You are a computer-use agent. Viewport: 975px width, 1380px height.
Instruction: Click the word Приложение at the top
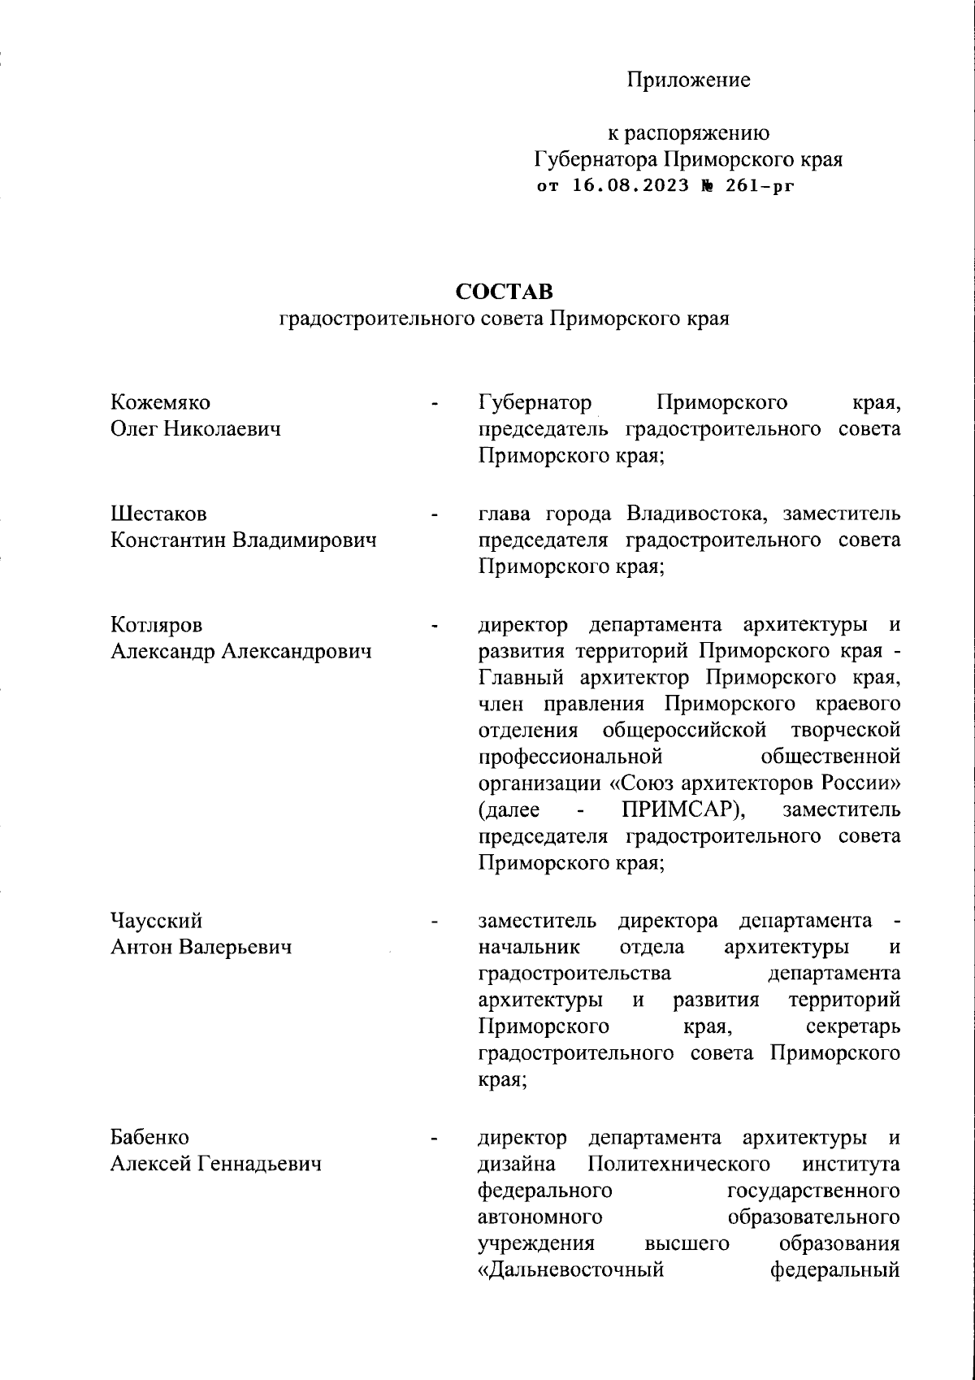[x=688, y=80]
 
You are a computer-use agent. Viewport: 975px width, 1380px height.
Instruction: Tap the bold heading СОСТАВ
[x=504, y=291]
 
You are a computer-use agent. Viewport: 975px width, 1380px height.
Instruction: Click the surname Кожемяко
[x=160, y=402]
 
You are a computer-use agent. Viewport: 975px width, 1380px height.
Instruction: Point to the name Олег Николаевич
[x=195, y=429]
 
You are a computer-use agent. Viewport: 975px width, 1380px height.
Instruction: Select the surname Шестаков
[x=158, y=514]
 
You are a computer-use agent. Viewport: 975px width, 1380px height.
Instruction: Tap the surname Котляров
[x=156, y=625]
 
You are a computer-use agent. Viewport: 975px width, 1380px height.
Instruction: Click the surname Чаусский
[x=156, y=921]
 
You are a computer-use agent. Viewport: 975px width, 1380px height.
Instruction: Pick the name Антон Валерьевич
[x=201, y=948]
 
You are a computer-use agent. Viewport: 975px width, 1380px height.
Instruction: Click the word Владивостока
[x=695, y=514]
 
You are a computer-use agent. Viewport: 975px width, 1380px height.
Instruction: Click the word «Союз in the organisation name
[x=639, y=783]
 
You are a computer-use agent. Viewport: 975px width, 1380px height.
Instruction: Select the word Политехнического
[x=679, y=1163]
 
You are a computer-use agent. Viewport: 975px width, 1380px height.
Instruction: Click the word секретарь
[x=853, y=1026]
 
